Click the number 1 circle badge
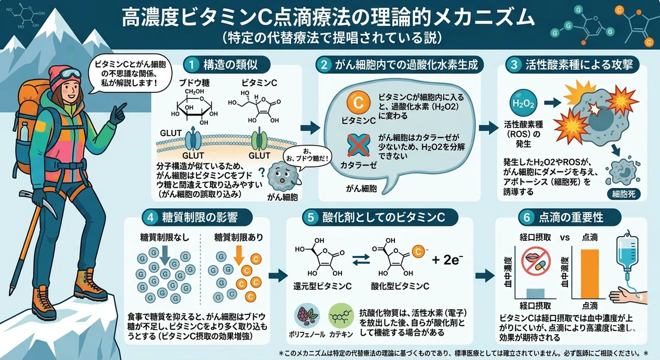pos(191,65)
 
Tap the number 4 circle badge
pos(150,218)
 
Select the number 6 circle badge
pos(526,218)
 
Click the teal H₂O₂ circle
pos(523,103)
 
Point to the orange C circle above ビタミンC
pos(358,103)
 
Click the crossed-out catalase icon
pos(358,145)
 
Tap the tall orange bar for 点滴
pos(590,274)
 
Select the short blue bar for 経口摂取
pos(535,293)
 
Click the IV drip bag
pos(628,253)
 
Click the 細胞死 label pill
pos(624,194)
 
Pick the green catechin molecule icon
pos(341,316)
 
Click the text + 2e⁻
pos(447,259)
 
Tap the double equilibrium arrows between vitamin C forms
pos(361,259)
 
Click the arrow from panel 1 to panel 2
pos(310,128)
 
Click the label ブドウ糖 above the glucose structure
pos(195,83)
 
